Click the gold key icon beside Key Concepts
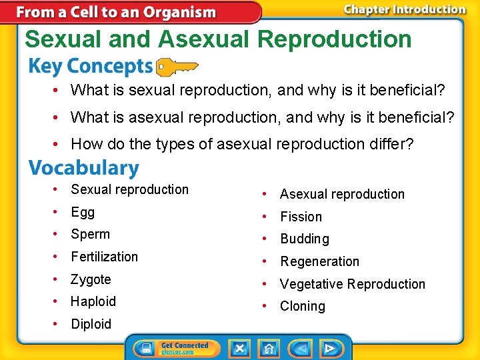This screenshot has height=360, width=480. coord(177,67)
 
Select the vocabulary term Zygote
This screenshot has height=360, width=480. coord(91,279)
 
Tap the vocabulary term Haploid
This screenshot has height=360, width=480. coord(93,301)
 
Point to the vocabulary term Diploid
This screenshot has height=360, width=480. coord(91,324)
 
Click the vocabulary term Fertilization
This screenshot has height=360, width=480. coord(104,257)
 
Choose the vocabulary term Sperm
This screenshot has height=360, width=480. coord(90,234)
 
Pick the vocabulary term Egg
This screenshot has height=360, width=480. coord(83,213)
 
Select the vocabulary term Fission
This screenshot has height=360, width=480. coord(301,217)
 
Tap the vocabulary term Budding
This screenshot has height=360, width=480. coord(304,239)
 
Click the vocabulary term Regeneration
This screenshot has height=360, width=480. coord(319,261)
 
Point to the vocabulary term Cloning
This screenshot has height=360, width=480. coord(303,307)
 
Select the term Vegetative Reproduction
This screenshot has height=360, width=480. coord(352,284)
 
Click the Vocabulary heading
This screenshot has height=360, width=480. coord(84,168)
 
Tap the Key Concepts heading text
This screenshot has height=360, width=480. coord(91,67)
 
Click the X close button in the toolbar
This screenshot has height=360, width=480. coord(239,348)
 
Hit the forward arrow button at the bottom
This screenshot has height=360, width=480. coord(329,348)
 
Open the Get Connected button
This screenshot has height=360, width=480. coord(175,348)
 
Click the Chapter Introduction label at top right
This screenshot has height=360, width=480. coord(405,9)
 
